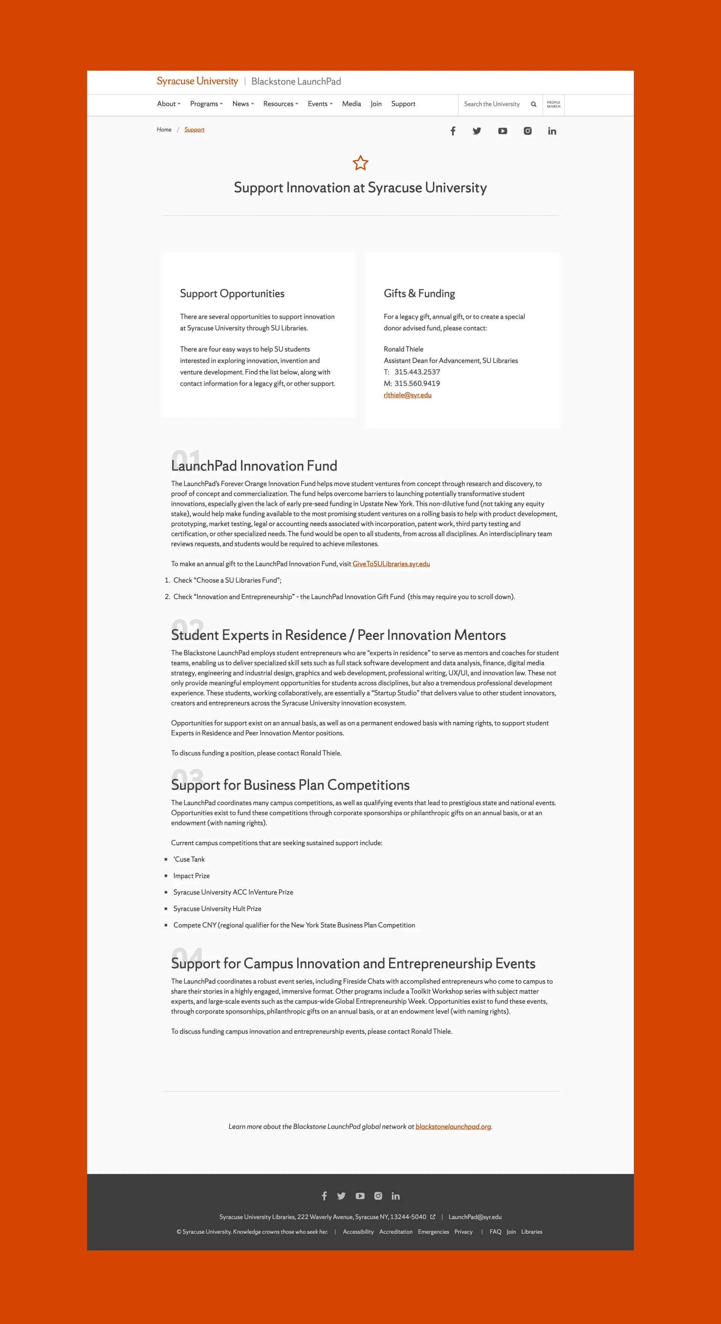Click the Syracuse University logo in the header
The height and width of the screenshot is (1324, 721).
[x=197, y=81]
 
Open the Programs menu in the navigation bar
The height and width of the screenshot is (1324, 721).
[x=206, y=104]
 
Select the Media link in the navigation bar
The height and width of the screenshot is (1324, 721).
[x=351, y=104]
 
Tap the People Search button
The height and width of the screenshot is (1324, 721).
[x=553, y=104]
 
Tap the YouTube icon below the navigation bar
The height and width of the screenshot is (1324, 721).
[x=502, y=131]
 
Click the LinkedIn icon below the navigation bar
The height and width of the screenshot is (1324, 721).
[x=552, y=131]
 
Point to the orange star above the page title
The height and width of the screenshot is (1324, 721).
[x=360, y=163]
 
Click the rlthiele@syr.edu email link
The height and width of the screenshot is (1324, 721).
[x=407, y=395]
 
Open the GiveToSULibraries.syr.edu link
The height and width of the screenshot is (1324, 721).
[x=391, y=564]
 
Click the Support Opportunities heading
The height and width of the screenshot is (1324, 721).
[x=232, y=294]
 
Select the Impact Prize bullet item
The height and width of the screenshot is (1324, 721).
[x=192, y=876]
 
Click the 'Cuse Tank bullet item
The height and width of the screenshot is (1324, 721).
[x=189, y=859]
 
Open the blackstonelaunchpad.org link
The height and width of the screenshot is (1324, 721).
[x=453, y=1127]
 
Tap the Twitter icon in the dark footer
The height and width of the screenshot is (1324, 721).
[x=341, y=1196]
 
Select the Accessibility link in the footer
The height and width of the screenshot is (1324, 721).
[x=358, y=1232]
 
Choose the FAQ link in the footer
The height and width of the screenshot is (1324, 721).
[x=495, y=1232]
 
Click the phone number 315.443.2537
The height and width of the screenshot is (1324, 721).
[x=417, y=372]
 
